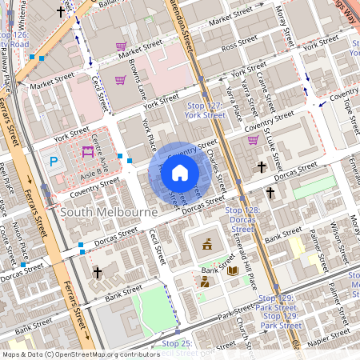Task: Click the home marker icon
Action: click(180, 172)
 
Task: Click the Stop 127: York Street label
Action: click(205, 110)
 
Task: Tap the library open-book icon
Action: click(233, 272)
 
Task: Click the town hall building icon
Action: click(207, 244)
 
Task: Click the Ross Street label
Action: click(241, 47)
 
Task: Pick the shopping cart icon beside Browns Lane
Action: click(120, 80)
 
